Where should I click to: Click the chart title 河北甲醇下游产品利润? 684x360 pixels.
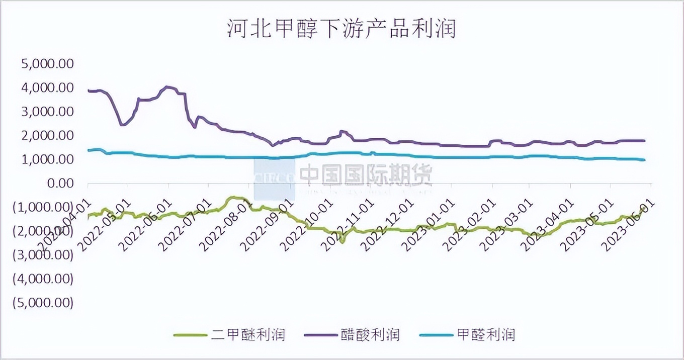341,29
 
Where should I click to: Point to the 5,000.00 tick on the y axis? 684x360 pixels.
47,64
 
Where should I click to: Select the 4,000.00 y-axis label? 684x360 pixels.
47,87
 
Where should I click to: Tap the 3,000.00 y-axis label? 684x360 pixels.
47,112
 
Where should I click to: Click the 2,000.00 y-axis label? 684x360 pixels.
47,135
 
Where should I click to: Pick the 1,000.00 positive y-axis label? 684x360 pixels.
47,159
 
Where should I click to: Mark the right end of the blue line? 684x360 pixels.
644,160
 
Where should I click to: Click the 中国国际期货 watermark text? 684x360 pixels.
366,174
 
